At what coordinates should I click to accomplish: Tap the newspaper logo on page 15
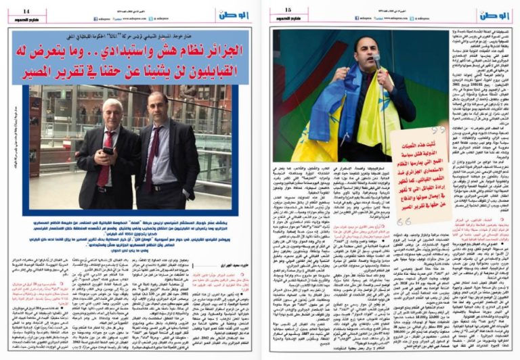(496, 14)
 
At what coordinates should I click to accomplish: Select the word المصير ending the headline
(48, 70)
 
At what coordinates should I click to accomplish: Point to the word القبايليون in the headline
(205, 70)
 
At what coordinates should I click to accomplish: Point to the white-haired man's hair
(112, 103)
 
